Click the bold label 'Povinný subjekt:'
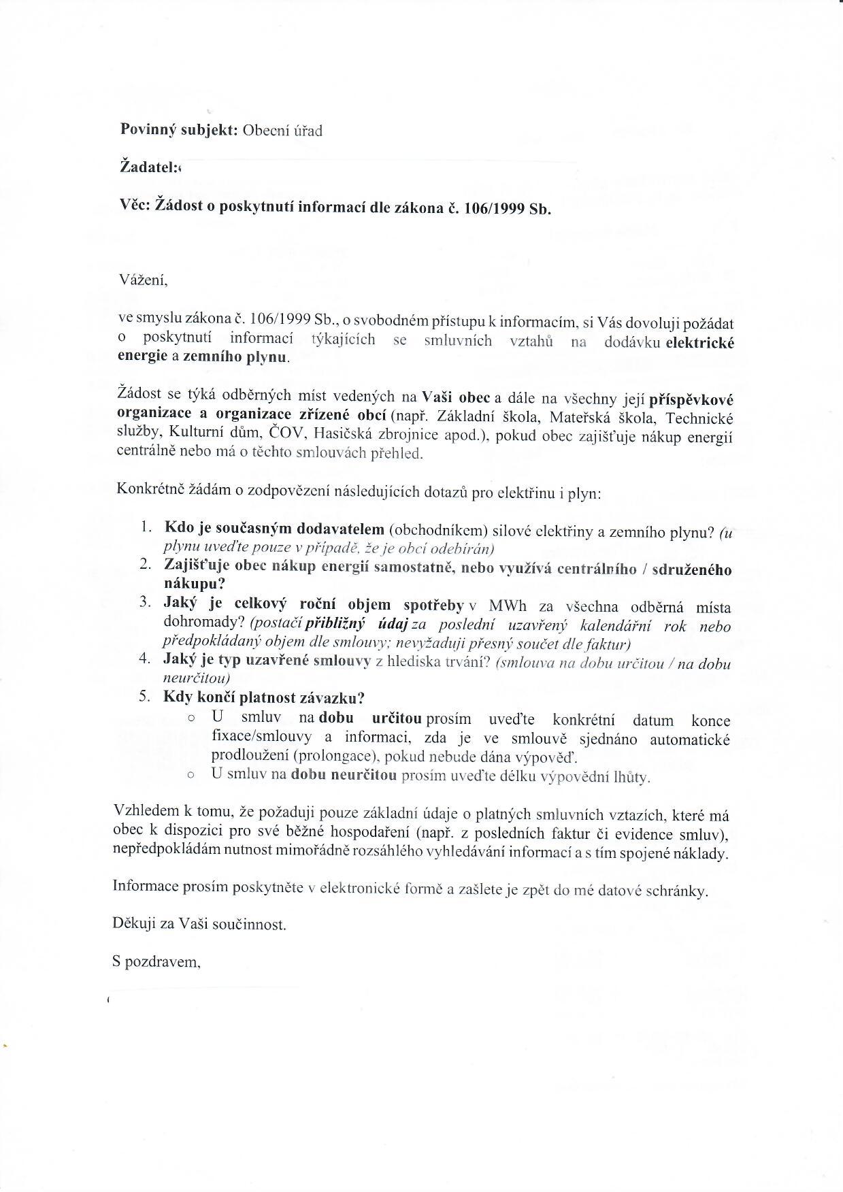178,130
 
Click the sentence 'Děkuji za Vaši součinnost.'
199,925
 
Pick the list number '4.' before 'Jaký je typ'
145,659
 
